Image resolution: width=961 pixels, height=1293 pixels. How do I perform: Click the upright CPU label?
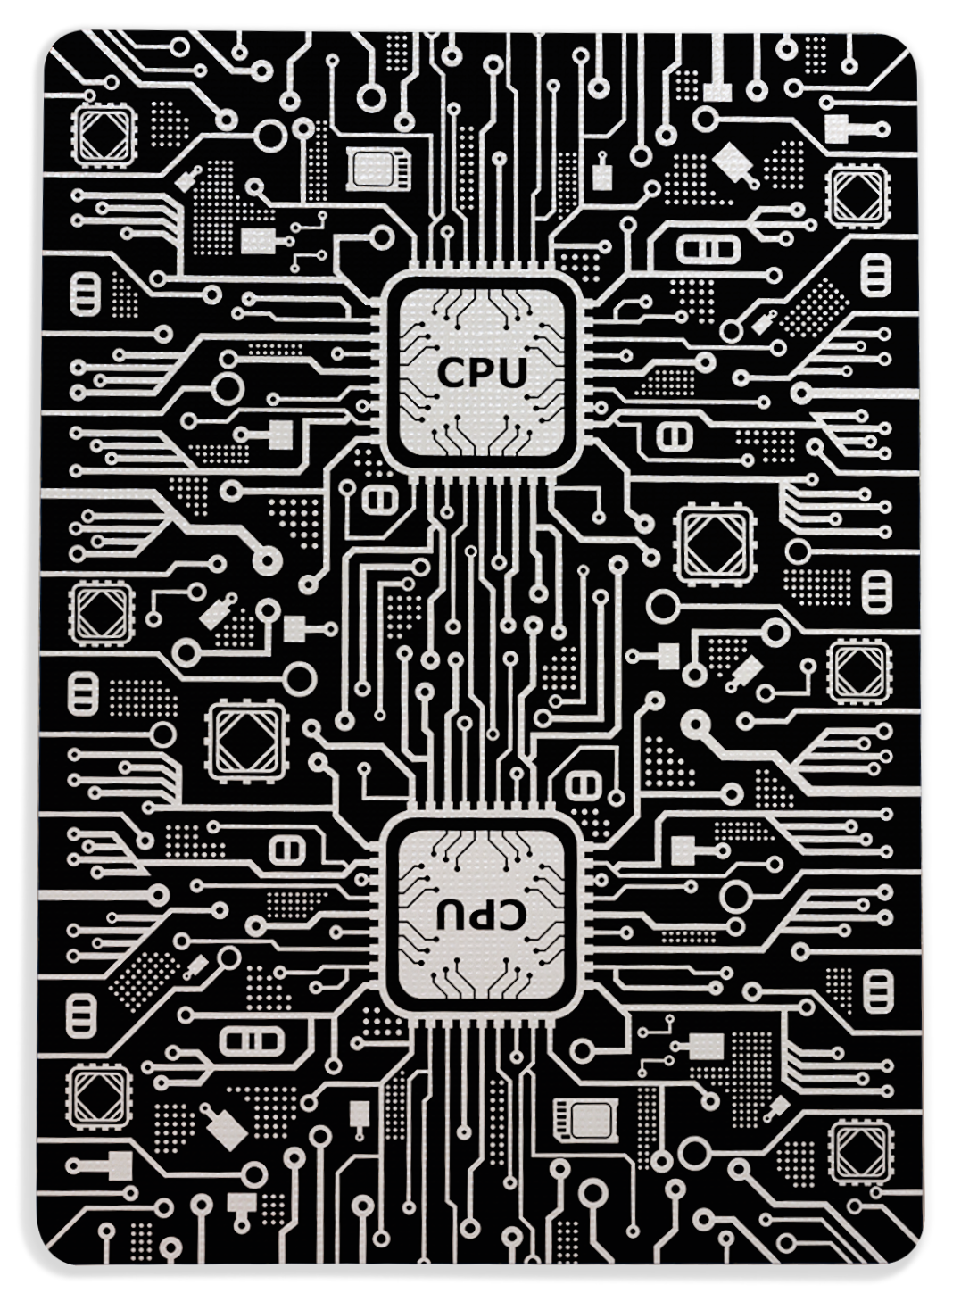click(x=482, y=372)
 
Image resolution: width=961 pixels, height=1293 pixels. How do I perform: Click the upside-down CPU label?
click(x=482, y=911)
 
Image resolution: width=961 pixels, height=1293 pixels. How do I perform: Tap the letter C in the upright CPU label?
click(x=451, y=372)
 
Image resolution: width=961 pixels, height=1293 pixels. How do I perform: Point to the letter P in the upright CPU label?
click(x=483, y=372)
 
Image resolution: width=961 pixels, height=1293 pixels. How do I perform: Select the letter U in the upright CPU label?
click(x=514, y=372)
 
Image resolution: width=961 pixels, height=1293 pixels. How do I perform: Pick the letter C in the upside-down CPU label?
click(x=514, y=911)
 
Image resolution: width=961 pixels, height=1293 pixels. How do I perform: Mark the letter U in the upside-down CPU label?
click(x=450, y=911)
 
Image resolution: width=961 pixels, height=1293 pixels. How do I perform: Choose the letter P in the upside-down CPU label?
click(x=482, y=911)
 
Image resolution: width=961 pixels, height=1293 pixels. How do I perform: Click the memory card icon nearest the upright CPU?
click(x=377, y=169)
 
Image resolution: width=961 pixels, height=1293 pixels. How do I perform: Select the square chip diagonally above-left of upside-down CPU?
click(x=246, y=739)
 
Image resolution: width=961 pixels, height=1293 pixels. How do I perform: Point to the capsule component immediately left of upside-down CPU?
click(x=286, y=849)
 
